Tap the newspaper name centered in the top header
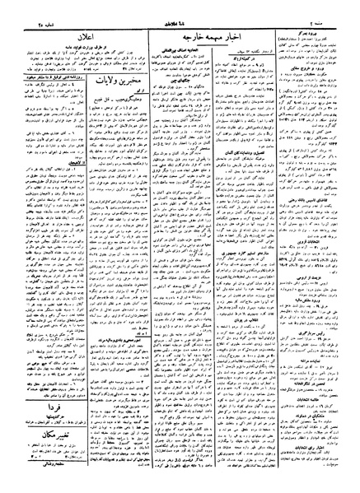[180, 12]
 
